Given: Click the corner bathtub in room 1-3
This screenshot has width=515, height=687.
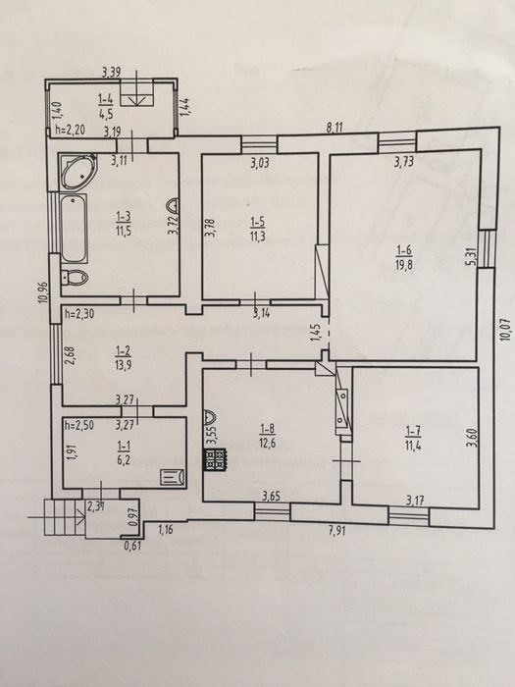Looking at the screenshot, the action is (x=77, y=172).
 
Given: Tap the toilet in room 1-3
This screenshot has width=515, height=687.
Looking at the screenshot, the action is (x=75, y=278).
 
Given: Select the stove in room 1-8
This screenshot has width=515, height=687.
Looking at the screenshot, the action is (x=215, y=459).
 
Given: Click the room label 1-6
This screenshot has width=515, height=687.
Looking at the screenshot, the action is (x=404, y=250).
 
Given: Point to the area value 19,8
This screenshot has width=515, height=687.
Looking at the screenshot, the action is (x=404, y=264).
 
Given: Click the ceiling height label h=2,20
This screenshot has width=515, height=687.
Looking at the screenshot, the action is (x=71, y=130).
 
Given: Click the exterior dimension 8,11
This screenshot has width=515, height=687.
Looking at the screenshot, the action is (x=335, y=128).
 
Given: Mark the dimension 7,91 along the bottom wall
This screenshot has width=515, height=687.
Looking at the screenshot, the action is (x=336, y=532).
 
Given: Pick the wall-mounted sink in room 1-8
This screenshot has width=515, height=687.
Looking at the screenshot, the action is (x=210, y=414).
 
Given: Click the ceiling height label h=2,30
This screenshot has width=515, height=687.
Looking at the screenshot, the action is (x=80, y=314).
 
